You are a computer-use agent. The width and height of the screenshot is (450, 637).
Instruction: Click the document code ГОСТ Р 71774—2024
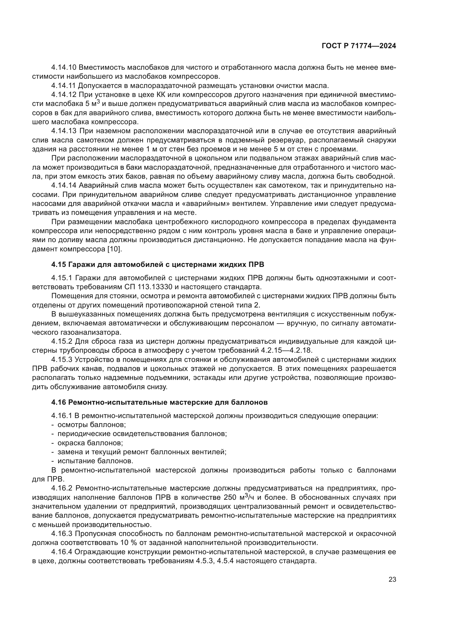[359, 46]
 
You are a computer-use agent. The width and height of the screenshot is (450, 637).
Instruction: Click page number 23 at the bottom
[392, 580]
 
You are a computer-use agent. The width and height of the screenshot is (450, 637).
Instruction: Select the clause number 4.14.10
[63, 68]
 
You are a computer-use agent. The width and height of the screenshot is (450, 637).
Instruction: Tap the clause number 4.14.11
[63, 86]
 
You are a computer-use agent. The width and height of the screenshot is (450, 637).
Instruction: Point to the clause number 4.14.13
[63, 131]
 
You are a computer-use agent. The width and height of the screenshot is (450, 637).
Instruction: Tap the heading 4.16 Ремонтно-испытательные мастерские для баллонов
[159, 402]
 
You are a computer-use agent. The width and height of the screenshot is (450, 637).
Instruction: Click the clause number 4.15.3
[61, 359]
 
